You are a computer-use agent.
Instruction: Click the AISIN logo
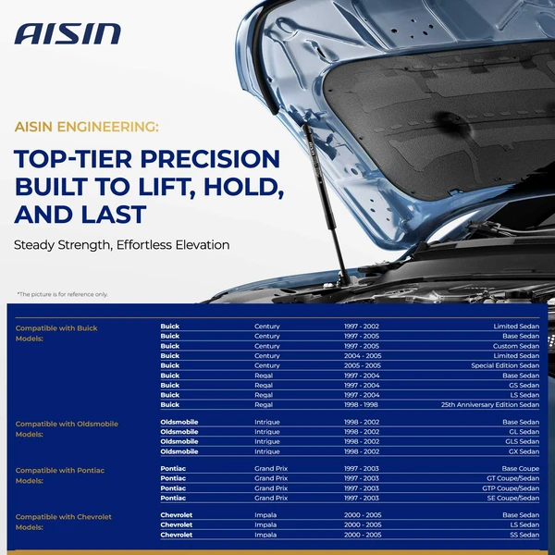pos(68,34)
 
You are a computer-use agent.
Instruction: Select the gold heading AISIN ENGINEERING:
pos(87,126)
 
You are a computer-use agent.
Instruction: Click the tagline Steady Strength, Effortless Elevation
pos(121,246)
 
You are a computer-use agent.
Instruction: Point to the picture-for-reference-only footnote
pos(62,294)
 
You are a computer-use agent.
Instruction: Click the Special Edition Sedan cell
pos(504,365)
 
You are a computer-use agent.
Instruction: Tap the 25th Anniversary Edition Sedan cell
pos(490,404)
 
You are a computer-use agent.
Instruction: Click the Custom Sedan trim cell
pos(516,346)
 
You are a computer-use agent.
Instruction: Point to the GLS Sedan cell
pos(521,442)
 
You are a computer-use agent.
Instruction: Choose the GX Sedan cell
pos(523,451)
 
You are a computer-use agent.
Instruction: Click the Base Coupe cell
pos(519,469)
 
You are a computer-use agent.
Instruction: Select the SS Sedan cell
pos(524,535)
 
